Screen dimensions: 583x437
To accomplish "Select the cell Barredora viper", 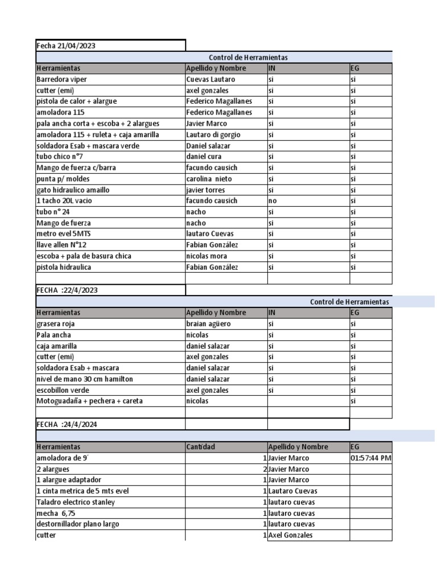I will click(x=62, y=80).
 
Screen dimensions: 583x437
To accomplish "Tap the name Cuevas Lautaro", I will click(x=210, y=80).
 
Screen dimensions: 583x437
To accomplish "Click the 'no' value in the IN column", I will click(x=273, y=201).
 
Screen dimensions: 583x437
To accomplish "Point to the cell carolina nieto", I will click(x=209, y=179).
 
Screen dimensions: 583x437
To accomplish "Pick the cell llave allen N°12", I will click(x=61, y=245).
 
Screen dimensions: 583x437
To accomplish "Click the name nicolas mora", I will click(x=206, y=256).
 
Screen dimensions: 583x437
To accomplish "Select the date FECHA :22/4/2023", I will click(x=67, y=290).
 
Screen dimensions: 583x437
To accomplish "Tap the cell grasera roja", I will click(x=56, y=324).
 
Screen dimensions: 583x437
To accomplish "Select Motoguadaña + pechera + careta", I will click(x=89, y=401).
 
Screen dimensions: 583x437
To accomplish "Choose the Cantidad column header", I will click(x=201, y=447).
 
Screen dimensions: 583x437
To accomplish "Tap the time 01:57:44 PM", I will click(x=371, y=458).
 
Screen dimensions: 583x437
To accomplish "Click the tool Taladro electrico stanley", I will click(x=75, y=502).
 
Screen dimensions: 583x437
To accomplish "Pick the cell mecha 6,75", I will click(x=57, y=513).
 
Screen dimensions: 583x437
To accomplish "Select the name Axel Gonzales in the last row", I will click(x=290, y=535).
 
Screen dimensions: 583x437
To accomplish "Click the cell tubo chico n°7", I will click(x=60, y=157).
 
